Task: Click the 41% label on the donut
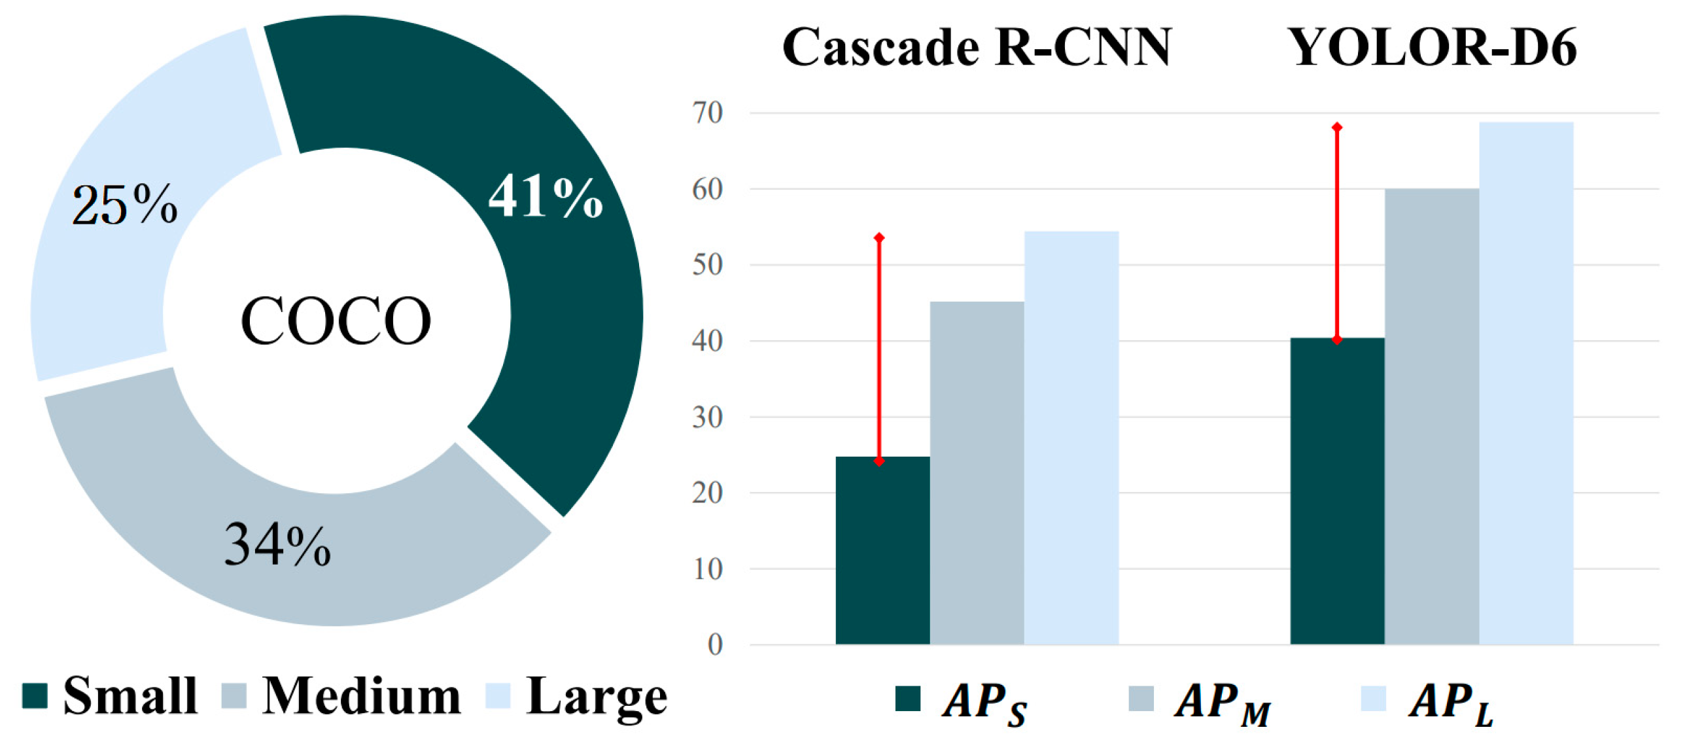545,196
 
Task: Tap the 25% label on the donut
124,205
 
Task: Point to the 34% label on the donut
277,545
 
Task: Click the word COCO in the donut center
336,321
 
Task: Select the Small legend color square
34,696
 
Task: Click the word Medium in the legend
362,696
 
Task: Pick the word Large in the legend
596,696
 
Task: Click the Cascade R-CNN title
977,47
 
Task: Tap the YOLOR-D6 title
1433,47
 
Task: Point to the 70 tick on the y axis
707,113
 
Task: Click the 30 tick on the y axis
707,417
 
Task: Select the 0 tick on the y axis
714,645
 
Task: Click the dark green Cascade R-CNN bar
882,550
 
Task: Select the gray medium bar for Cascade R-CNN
977,472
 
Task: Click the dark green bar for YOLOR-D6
1336,491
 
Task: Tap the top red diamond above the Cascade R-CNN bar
879,237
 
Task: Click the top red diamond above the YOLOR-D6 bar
1336,127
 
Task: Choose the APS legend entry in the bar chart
963,702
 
